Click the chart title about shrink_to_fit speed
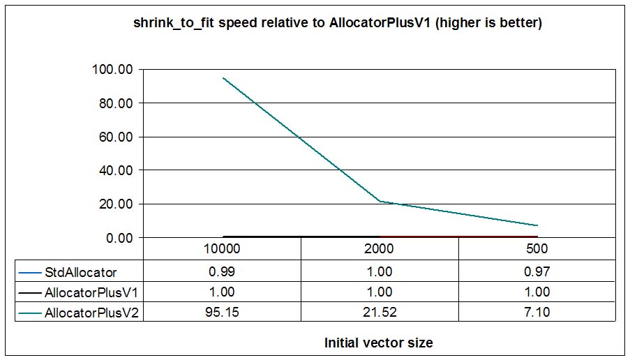pos(338,23)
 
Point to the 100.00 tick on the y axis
pos(112,70)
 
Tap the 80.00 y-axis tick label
pos(116,103)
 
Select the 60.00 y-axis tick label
pos(116,137)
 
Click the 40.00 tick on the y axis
pos(116,170)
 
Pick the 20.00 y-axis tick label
pos(116,204)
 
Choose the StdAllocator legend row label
pos(80,271)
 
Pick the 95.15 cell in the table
pos(222,313)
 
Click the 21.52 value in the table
pos(380,313)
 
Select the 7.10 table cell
pos(537,313)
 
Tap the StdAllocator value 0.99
pos(222,271)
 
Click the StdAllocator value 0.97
pos(537,271)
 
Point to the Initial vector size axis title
pos(378,343)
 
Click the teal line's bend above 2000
pos(380,202)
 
